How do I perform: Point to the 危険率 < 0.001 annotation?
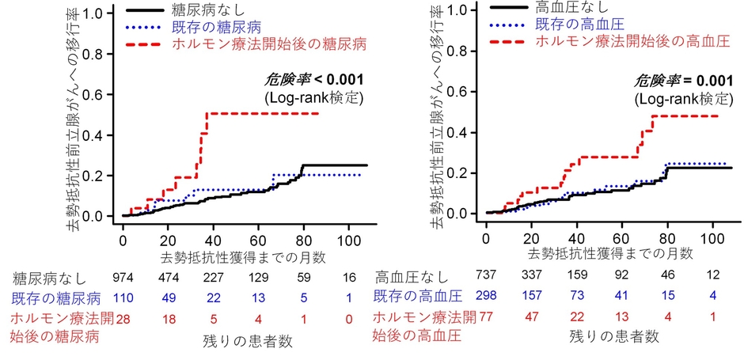point(313,80)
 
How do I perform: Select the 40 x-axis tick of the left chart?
point(214,239)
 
